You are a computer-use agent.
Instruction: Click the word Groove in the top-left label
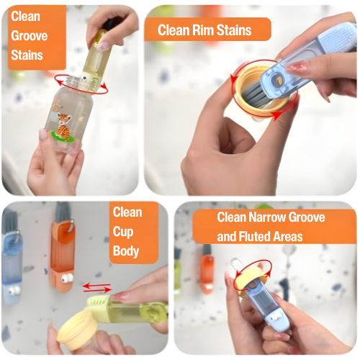[x=29, y=36]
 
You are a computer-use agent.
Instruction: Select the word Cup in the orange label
[x=123, y=232]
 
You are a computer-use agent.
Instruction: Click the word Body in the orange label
[x=126, y=251]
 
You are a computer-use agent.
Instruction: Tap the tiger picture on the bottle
[x=63, y=127]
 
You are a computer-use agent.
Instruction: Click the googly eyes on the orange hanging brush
[x=67, y=278]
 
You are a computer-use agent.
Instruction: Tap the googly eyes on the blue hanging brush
[x=12, y=290]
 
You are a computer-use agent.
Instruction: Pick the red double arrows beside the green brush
[x=97, y=288]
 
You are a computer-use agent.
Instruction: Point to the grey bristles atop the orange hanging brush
[x=62, y=212]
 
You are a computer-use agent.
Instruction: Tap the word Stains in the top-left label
[x=27, y=55]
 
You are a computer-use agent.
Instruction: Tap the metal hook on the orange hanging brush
[x=71, y=226]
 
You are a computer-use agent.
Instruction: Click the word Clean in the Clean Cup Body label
[x=127, y=212]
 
